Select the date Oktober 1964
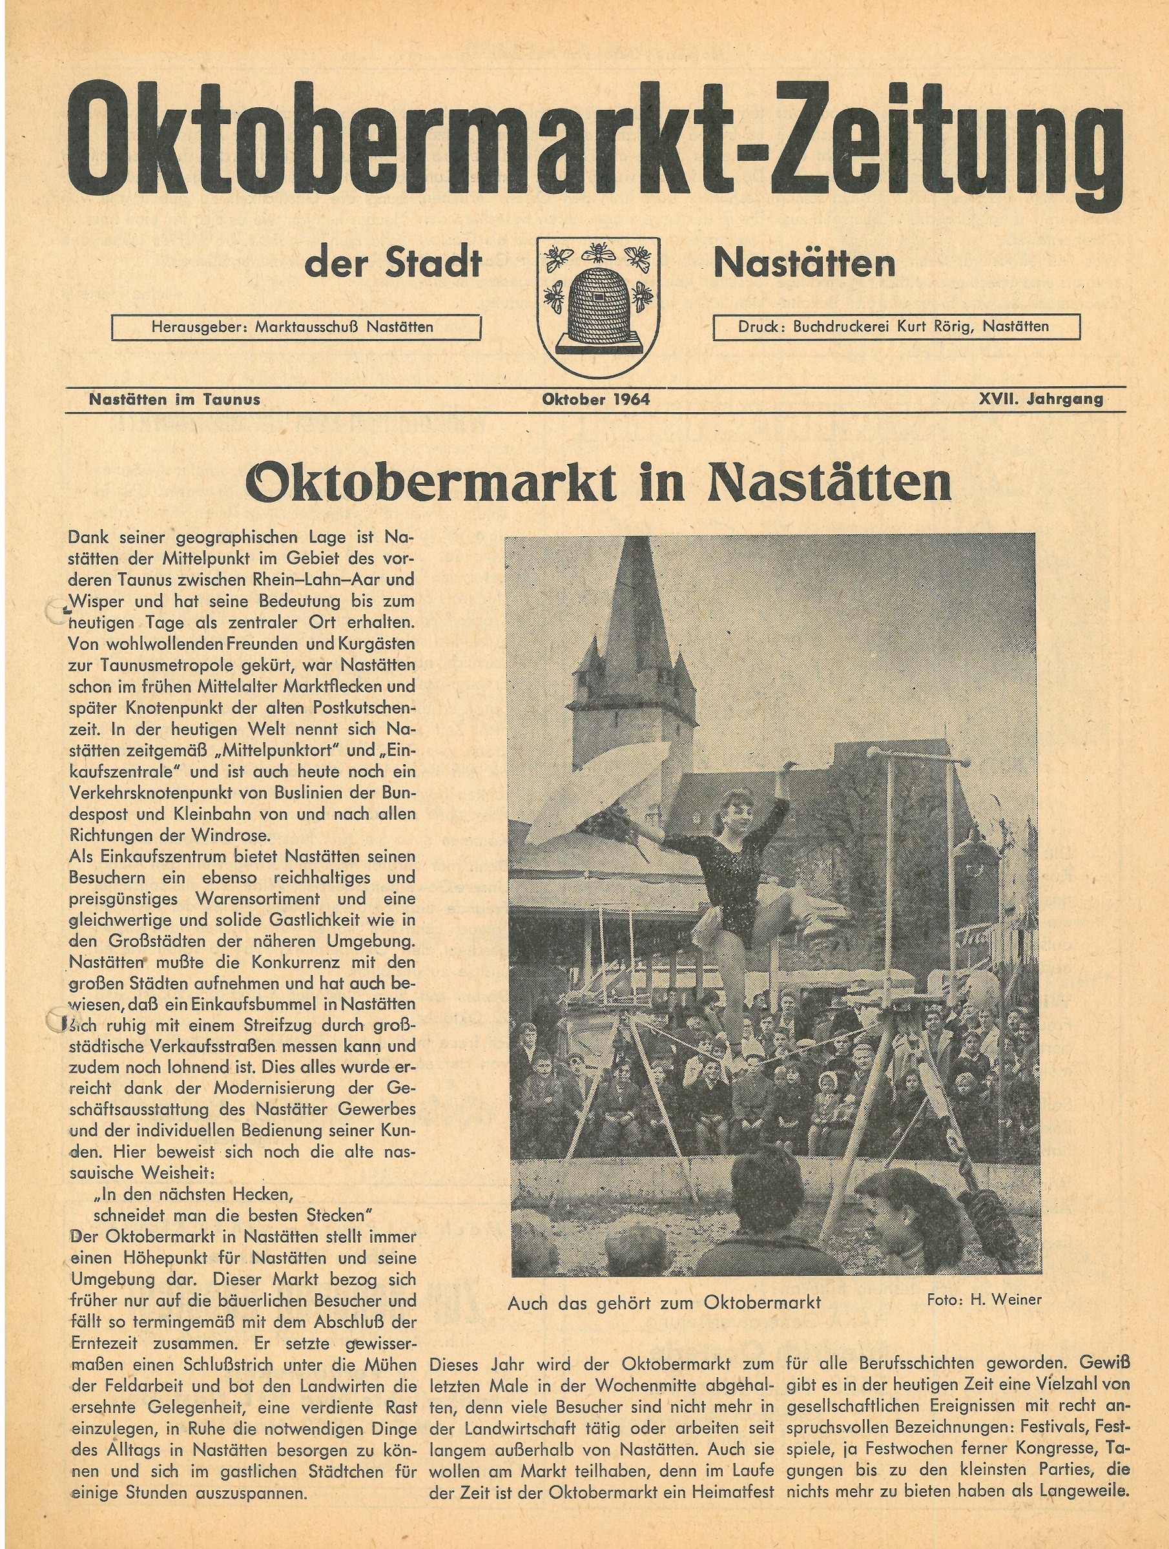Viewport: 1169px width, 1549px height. [595, 399]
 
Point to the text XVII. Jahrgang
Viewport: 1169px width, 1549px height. [1040, 399]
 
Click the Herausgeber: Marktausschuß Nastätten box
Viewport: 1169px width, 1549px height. [296, 327]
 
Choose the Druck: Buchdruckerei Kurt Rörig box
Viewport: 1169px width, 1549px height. [896, 326]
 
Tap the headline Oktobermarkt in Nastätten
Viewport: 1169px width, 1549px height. [599, 483]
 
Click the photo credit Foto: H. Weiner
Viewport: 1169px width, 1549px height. [984, 1300]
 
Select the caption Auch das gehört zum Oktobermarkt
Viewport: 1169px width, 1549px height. [663, 1302]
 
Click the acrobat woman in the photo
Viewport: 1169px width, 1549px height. [728, 882]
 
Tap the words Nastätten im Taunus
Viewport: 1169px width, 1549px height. [175, 399]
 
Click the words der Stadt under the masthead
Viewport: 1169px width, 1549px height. [393, 264]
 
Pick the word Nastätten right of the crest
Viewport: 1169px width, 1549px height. [804, 264]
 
